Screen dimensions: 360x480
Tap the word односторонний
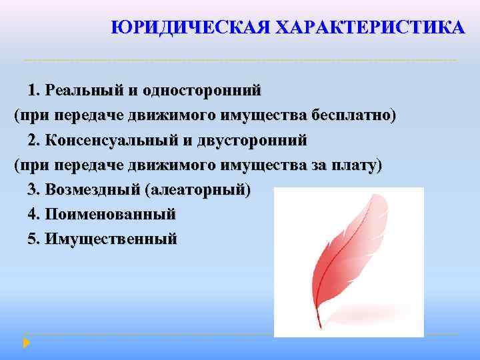click(x=210, y=90)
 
